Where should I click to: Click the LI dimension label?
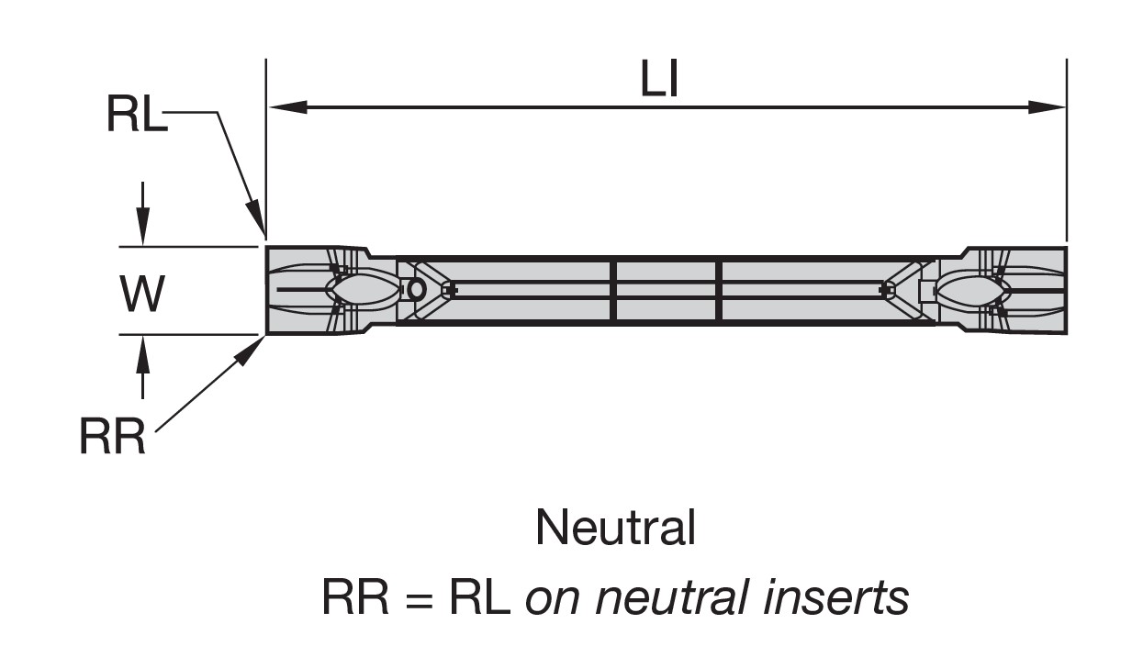tap(659, 81)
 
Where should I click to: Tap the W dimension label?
tap(142, 295)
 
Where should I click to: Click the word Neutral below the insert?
tap(615, 528)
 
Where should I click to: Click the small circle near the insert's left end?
tap(416, 290)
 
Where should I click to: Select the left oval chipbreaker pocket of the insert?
tap(364, 290)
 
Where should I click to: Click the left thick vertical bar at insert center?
tap(613, 290)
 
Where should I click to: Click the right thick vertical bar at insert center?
tap(720, 290)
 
